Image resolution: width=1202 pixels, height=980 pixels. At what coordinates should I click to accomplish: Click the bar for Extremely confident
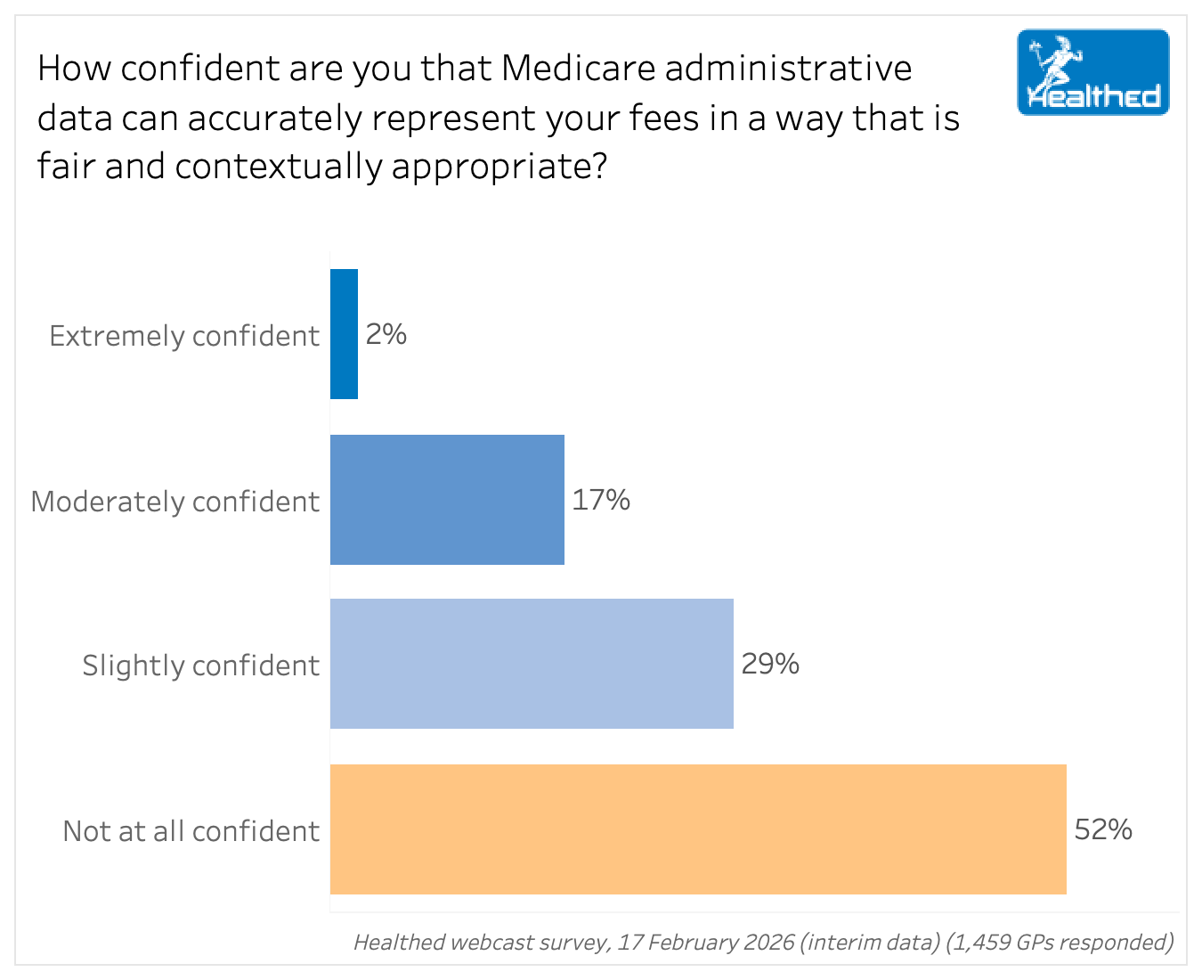coord(344,334)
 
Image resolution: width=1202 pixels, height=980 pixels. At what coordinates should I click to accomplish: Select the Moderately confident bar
coord(447,500)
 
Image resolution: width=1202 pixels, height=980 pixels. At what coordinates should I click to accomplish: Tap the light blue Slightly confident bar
coord(532,664)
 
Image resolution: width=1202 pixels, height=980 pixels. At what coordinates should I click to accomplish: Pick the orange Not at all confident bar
coord(698,829)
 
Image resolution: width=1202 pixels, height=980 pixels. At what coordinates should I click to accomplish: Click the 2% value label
coord(386,334)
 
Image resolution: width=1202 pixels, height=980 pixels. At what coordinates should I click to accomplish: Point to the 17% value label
coord(601,500)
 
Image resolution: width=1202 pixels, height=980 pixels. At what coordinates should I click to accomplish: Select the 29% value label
coord(770,664)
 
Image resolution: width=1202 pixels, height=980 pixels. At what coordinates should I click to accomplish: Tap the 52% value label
coord(1103,829)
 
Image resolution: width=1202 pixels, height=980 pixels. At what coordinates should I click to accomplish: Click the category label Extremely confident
coord(184,336)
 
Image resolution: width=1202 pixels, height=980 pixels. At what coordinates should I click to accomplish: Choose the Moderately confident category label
coord(175,502)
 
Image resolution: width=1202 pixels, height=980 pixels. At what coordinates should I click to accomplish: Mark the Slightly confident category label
coord(201,666)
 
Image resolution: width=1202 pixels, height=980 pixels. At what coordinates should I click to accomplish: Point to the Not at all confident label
coord(191,831)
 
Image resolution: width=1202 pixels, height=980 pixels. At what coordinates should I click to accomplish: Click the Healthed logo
coord(1093,72)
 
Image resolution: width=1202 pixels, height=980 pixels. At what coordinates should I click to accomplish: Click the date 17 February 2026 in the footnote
coord(705,943)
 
